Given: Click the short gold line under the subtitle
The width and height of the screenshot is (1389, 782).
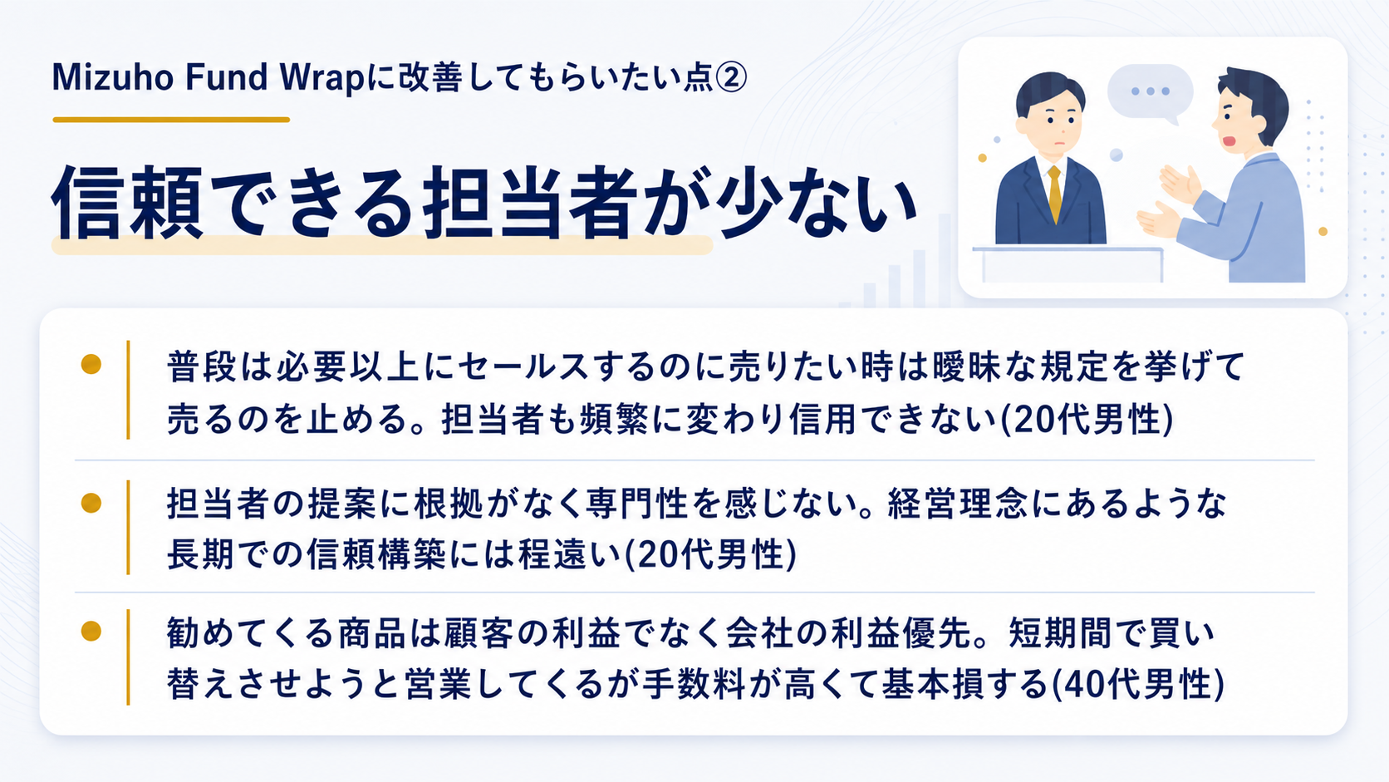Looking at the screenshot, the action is click(x=171, y=120).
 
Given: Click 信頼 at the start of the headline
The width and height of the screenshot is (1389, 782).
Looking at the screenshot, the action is click(x=128, y=202).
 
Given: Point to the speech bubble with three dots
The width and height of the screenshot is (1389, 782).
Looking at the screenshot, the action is click(x=1150, y=93).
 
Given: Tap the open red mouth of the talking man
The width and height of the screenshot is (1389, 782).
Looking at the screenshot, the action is click(x=1229, y=141).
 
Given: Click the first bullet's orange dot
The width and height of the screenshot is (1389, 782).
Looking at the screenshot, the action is click(x=91, y=364).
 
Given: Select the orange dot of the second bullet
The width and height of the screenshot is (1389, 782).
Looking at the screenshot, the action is click(x=91, y=502).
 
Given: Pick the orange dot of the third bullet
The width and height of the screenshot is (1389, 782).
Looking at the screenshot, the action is click(x=91, y=631).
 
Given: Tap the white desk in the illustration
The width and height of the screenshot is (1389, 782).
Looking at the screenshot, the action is click(x=1068, y=265).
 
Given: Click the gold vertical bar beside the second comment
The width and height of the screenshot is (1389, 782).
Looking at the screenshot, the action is click(x=129, y=527).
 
